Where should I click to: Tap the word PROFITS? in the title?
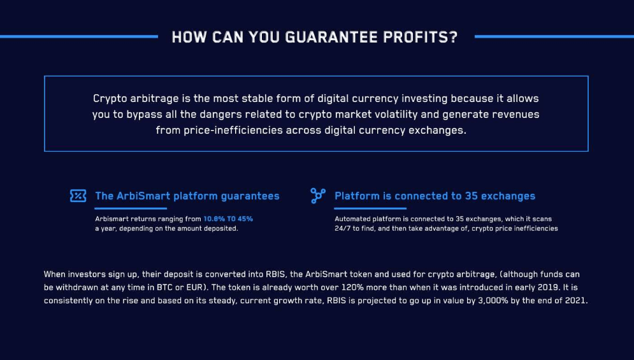pos(420,37)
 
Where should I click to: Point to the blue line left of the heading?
pos(79,36)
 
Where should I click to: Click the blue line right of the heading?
pos(554,36)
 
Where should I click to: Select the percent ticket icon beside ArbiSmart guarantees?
pos(78,196)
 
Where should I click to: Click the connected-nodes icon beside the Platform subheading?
pos(318,196)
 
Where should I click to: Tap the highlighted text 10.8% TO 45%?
pos(228,219)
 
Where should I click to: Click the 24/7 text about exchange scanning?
pos(342,229)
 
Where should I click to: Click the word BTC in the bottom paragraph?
pos(164,287)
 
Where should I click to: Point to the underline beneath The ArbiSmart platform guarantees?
pos(131,208)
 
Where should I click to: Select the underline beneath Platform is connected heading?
pos(370,208)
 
